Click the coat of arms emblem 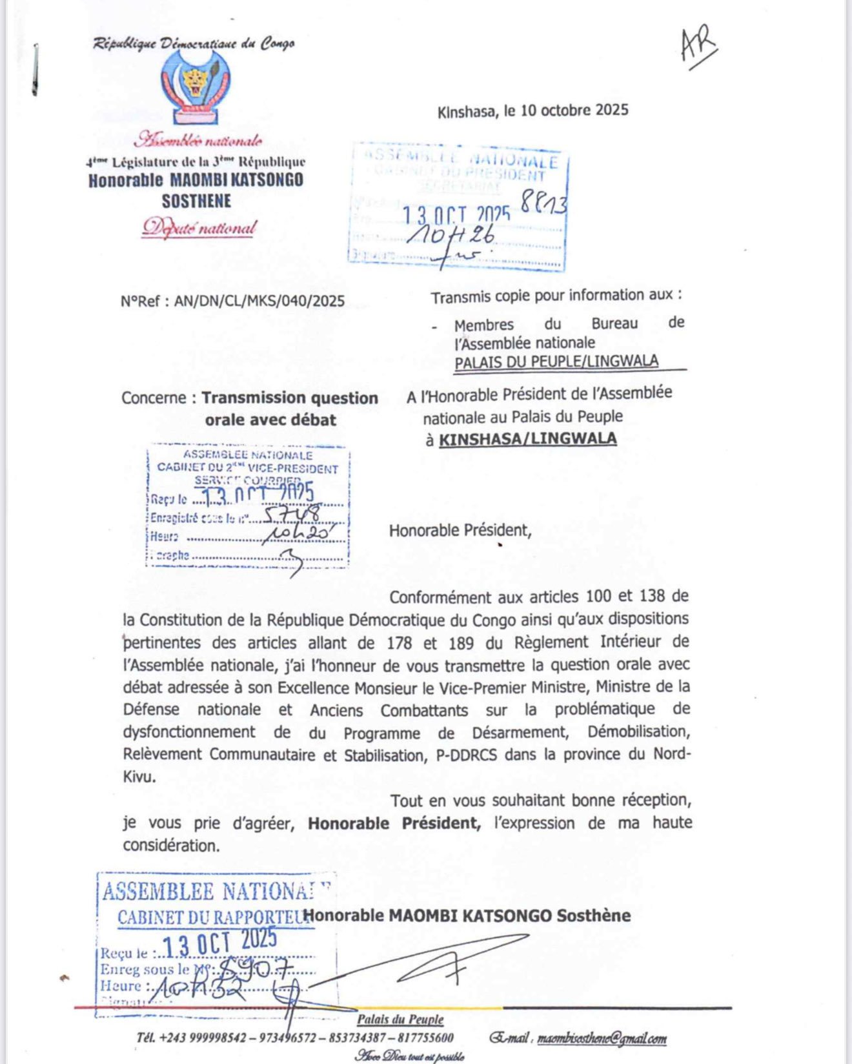(x=195, y=87)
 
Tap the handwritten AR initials (x=698, y=46)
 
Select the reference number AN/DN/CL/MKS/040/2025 (x=259, y=301)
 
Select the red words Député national (x=199, y=228)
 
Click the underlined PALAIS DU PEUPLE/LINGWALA (x=556, y=362)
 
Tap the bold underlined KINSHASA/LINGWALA (x=527, y=440)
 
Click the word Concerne (x=154, y=398)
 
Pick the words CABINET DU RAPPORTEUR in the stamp (x=213, y=917)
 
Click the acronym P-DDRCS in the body (x=466, y=755)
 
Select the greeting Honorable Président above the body (x=460, y=531)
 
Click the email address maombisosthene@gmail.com (x=602, y=1038)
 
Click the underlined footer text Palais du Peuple (x=400, y=1019)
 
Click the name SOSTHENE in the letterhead (x=196, y=201)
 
